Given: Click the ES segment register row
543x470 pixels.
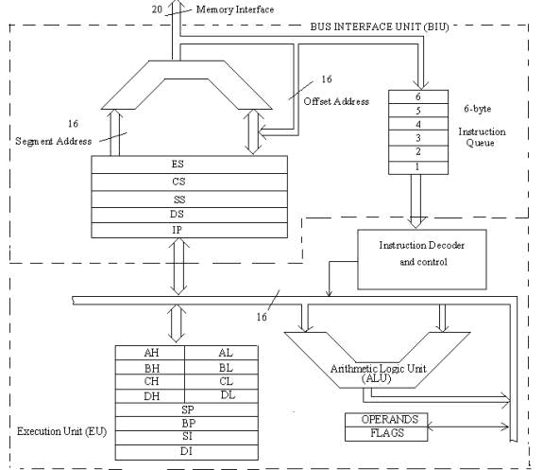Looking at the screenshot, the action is point(190,165).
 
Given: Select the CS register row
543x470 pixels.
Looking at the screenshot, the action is point(190,183).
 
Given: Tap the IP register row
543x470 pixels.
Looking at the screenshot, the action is point(190,231).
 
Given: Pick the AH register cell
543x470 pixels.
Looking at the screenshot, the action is point(150,353).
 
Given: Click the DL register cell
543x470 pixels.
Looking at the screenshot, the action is point(222,395).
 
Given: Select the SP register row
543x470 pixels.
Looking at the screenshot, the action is point(187,410).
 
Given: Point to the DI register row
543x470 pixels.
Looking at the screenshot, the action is point(187,452).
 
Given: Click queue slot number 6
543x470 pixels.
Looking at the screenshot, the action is point(418,96).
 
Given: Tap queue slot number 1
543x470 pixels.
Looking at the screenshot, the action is point(418,167).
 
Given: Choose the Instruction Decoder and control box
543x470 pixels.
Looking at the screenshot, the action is point(422,259).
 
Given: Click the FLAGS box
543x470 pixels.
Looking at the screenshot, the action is point(386,434).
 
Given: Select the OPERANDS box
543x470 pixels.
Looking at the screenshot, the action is point(386,420).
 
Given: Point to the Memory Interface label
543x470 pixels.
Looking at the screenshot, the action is point(235,9).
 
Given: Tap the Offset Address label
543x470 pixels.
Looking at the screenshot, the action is point(336,101).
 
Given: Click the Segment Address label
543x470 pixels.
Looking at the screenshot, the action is point(54,141).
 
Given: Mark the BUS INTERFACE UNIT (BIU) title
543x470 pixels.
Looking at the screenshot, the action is point(380,26).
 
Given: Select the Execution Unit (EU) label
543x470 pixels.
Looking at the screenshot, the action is point(62,431).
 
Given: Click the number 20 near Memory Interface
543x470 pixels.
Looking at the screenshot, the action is point(157,9).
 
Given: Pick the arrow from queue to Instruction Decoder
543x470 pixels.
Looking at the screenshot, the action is point(416,201).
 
